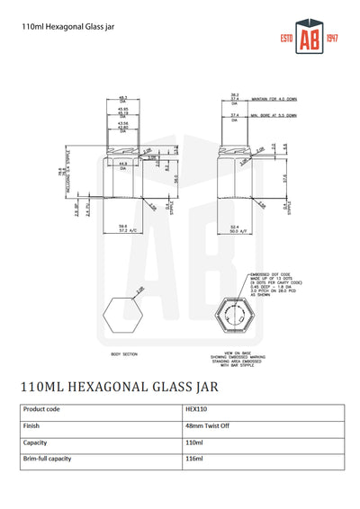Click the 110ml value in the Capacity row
point(193,442)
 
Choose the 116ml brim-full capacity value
point(193,459)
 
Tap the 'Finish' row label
point(32,426)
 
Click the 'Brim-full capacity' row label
point(50,459)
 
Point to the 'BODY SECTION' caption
point(124,355)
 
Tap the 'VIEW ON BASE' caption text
point(241,354)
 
